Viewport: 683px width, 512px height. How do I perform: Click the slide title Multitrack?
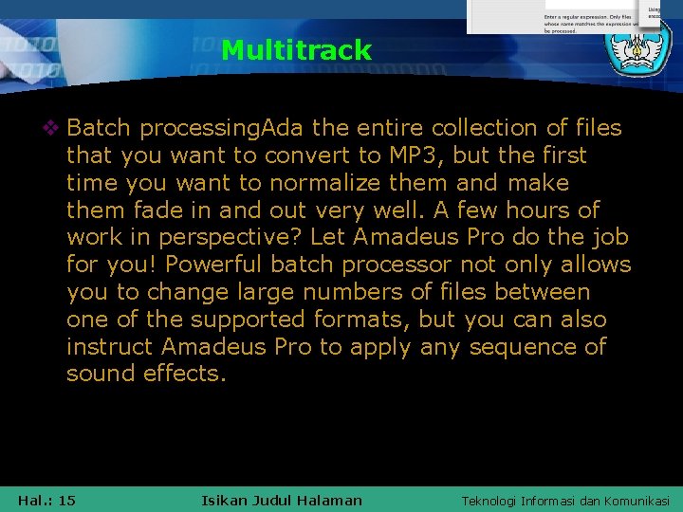296,50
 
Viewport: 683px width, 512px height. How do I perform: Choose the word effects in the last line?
185,374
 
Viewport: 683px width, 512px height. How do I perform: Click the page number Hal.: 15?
46,501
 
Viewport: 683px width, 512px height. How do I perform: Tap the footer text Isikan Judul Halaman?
283,501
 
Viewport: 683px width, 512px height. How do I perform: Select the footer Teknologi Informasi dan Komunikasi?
564,501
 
